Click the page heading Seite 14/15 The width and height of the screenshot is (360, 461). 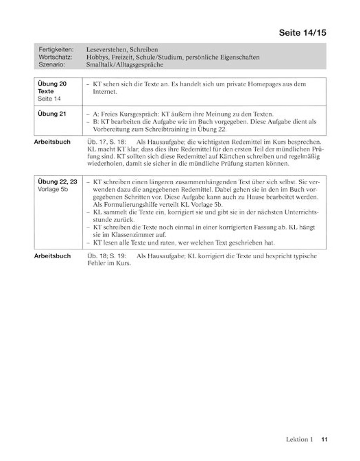(302, 33)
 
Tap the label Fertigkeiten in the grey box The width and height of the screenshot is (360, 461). (56, 50)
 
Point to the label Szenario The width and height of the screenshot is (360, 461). (52, 64)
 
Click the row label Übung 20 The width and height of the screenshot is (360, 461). (52, 84)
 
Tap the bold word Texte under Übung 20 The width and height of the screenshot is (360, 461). (46, 91)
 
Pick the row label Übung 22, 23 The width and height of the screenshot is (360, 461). (57, 182)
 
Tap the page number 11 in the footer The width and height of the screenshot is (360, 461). (324, 439)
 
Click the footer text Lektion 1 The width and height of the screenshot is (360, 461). (299, 439)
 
